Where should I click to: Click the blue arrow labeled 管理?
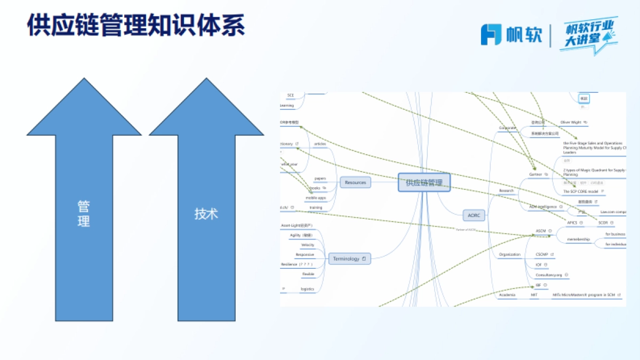point(84,213)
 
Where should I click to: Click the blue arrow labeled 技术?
point(206,213)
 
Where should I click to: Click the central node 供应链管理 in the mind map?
point(424,182)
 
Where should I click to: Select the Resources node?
point(355,182)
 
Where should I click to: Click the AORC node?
point(474,215)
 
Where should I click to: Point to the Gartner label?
point(535,174)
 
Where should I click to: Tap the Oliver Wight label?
point(571,122)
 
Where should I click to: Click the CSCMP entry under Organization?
point(542,255)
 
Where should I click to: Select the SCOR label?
point(603,222)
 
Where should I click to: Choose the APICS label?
point(572,222)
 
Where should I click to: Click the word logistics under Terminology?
point(307,289)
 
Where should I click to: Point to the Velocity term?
point(308,245)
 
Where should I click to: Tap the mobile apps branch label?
point(315,198)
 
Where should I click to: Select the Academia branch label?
point(507,295)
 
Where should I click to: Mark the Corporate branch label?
point(508,128)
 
